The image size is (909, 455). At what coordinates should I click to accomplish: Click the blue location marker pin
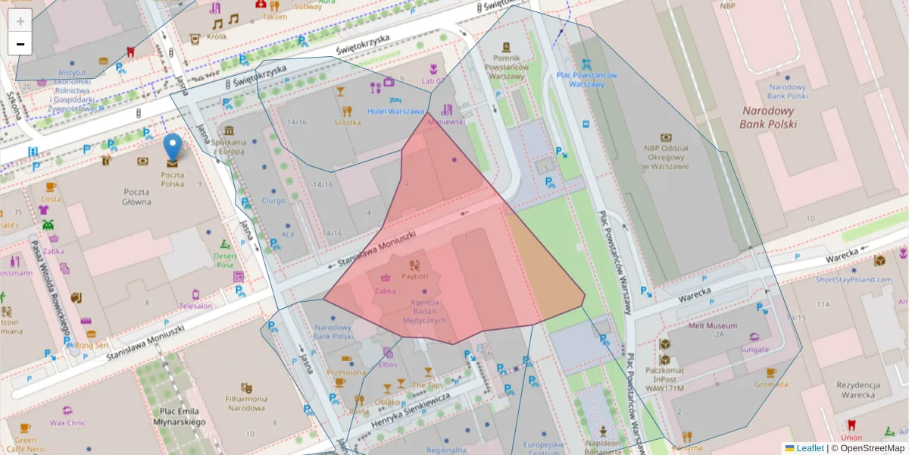pos(173,148)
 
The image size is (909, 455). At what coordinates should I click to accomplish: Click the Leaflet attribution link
pos(809,448)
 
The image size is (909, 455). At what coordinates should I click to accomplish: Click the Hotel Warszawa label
pos(395,111)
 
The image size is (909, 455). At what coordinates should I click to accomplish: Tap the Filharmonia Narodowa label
pos(246,403)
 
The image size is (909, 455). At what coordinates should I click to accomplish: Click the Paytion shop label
pos(414,277)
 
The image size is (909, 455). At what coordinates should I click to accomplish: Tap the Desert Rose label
pos(225,261)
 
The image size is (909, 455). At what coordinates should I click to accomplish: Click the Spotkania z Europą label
pos(229,146)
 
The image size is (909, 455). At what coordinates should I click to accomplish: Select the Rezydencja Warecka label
pos(856,390)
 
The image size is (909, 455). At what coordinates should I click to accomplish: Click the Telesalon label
pos(195,306)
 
